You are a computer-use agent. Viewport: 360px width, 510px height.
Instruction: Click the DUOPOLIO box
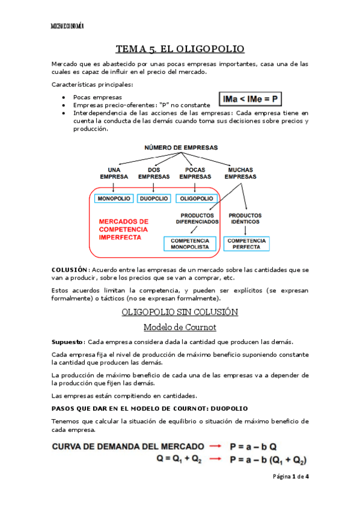[x=154, y=198]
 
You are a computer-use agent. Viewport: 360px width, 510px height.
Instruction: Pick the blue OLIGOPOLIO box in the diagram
[x=195, y=198]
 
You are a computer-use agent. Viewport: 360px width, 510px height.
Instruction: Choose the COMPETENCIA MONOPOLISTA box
[x=189, y=244]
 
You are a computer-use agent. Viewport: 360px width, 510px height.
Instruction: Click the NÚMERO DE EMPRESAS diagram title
[x=180, y=147]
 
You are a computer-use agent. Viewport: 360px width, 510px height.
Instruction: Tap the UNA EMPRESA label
[x=114, y=173]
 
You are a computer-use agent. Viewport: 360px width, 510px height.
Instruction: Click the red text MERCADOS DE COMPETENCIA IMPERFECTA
[x=124, y=229]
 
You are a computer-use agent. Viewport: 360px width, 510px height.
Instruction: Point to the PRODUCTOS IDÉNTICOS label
[x=245, y=218]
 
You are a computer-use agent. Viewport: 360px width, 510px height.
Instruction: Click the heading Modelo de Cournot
[x=180, y=327]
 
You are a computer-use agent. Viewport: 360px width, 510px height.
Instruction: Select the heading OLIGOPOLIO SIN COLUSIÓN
[x=180, y=312]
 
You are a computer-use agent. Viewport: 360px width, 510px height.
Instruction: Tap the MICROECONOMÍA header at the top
[x=67, y=26]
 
